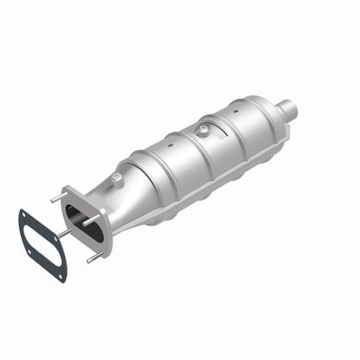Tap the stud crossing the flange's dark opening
[x=90, y=222]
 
